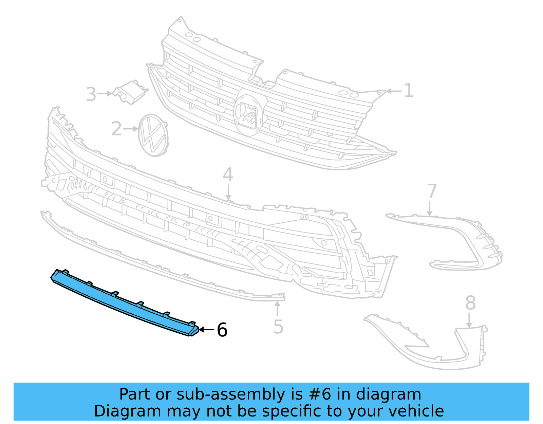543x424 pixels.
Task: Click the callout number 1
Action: (409, 91)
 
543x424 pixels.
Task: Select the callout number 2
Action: (116, 129)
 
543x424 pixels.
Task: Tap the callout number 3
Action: (91, 94)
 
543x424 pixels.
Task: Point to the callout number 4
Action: (228, 175)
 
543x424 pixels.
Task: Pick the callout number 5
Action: (278, 327)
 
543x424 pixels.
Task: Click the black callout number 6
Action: (222, 330)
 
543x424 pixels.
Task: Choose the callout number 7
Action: (431, 191)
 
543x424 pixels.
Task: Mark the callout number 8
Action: (470, 303)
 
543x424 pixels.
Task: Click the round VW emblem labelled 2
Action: (153, 135)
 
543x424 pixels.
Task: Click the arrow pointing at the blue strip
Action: (206, 330)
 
